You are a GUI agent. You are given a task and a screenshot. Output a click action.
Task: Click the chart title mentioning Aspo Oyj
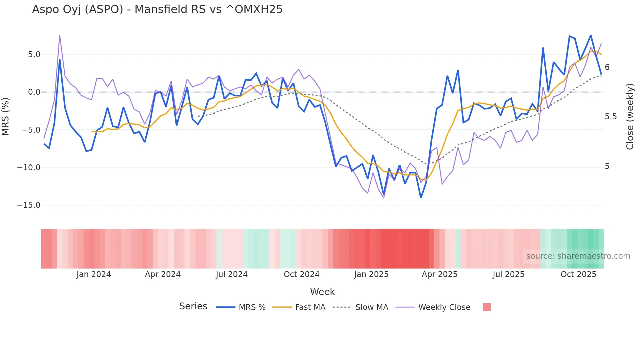[157, 9]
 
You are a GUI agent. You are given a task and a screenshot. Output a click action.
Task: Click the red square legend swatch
[487, 307]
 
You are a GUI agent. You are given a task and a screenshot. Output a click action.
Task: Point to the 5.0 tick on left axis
[34, 55]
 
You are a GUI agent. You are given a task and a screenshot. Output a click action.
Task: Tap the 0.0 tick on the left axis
[34, 92]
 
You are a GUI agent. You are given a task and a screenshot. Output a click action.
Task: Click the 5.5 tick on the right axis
[611, 117]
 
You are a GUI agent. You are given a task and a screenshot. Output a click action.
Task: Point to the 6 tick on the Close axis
[607, 67]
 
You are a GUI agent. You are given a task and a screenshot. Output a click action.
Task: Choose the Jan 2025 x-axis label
[371, 274]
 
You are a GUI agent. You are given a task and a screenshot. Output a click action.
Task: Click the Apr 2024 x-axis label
[163, 274]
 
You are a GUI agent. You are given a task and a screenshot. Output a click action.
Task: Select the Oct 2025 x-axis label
[578, 274]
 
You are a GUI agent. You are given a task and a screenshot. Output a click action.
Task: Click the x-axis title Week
[322, 292]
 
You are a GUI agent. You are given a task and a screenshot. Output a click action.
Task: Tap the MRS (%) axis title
[6, 116]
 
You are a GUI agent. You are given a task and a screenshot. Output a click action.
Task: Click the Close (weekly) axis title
[630, 116]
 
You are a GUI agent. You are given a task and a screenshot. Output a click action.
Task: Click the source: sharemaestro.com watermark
[578, 256]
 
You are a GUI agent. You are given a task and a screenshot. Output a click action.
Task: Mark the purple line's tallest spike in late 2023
[60, 36]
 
